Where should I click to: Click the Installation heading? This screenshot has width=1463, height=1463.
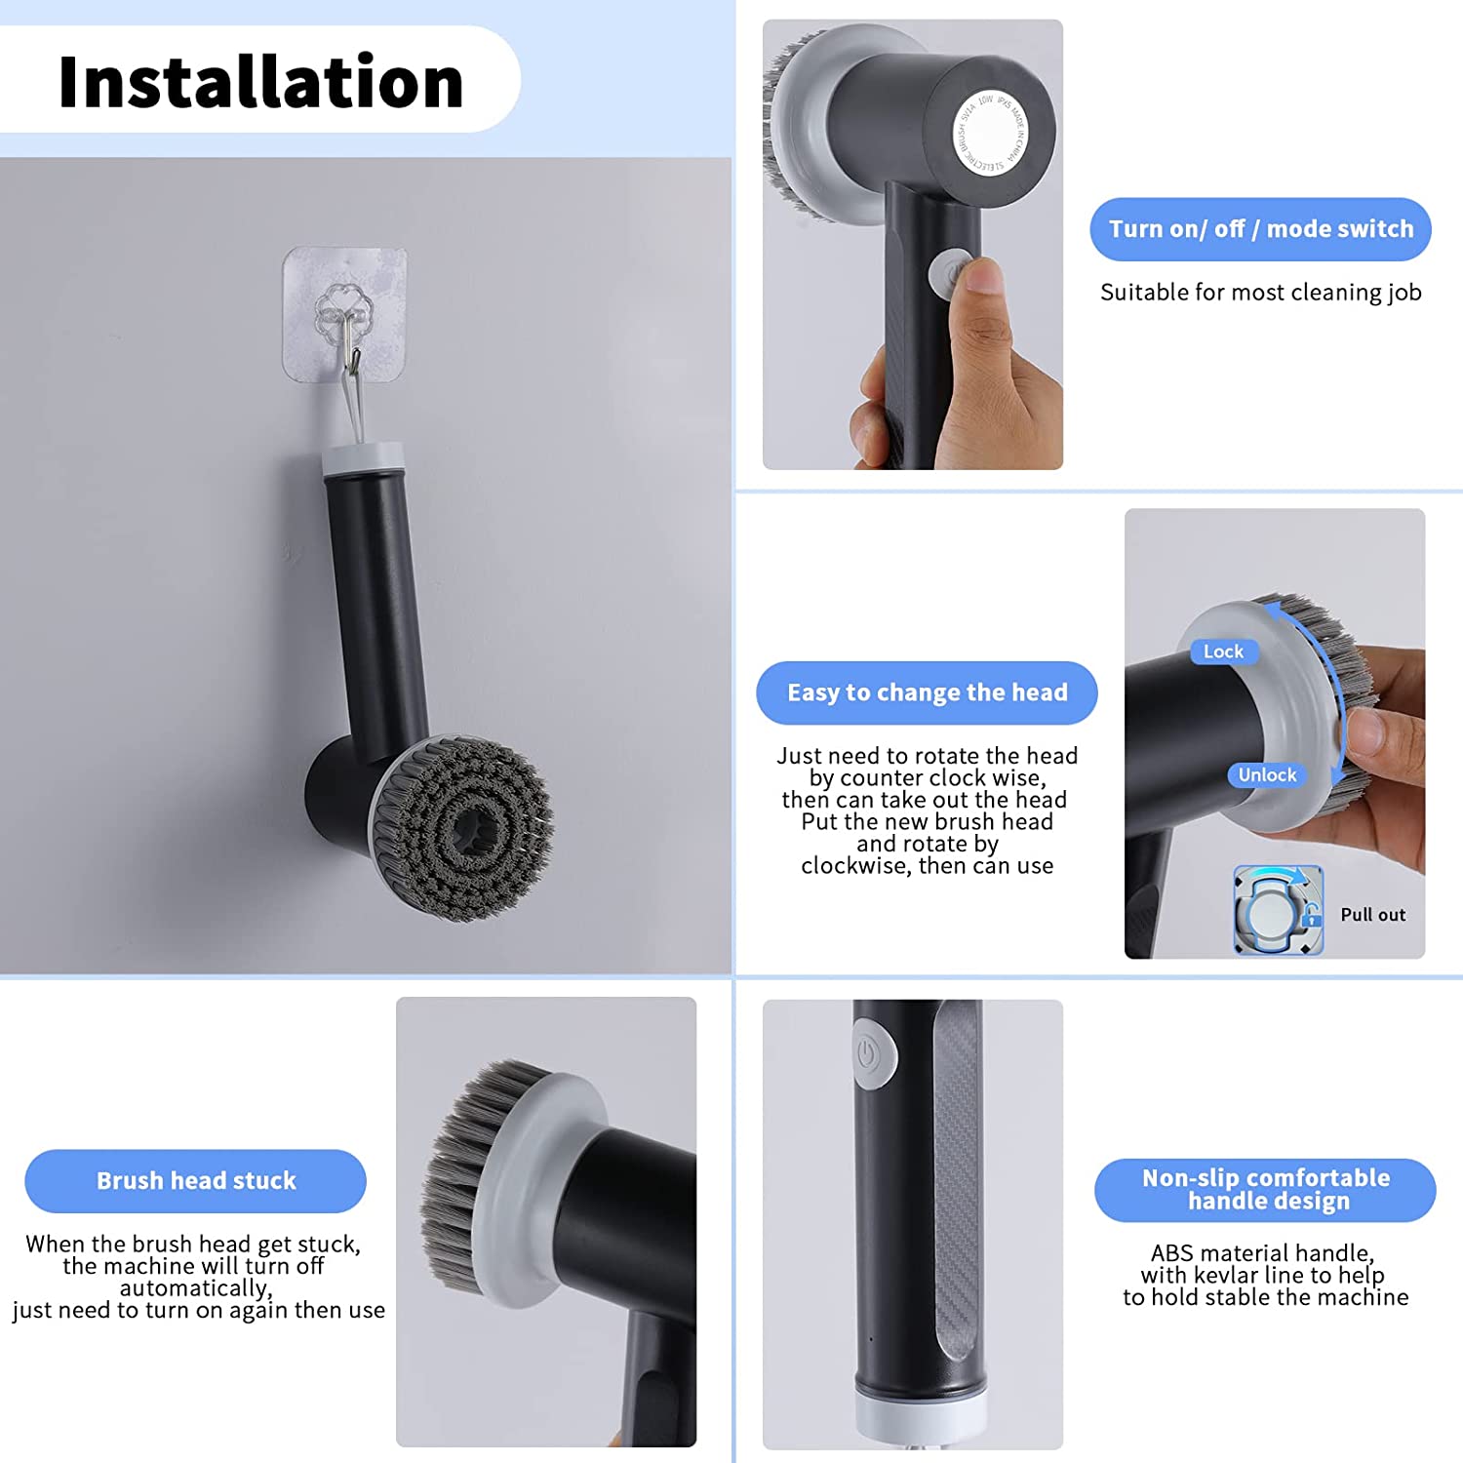[260, 82]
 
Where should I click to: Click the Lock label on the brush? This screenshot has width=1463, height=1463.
[1223, 652]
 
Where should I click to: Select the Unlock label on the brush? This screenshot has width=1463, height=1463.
[1267, 775]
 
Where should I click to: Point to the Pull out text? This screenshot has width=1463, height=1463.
[1372, 915]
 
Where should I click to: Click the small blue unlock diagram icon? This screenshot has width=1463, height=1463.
[1278, 910]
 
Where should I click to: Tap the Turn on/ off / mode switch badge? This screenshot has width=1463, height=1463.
[1260, 229]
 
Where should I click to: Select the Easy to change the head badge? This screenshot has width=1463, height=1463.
[927, 692]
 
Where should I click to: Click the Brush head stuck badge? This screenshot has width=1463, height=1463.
[195, 1181]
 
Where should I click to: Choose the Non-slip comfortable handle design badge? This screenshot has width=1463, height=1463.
[1265, 1190]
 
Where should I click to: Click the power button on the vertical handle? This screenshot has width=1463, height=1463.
[870, 1054]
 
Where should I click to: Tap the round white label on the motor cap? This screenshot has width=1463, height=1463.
[990, 136]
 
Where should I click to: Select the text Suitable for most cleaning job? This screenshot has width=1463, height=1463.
[1260, 293]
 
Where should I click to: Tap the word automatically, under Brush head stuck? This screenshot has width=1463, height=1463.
[195, 1288]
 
